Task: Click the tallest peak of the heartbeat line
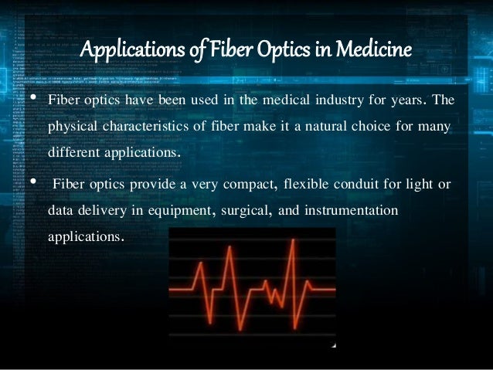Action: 293,242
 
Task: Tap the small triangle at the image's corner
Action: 333,345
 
